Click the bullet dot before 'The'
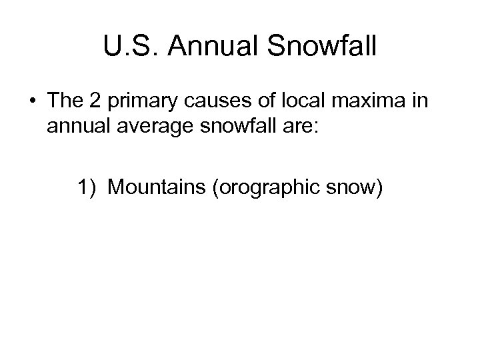(x=33, y=101)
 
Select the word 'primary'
(x=141, y=103)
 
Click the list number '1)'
(x=87, y=189)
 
